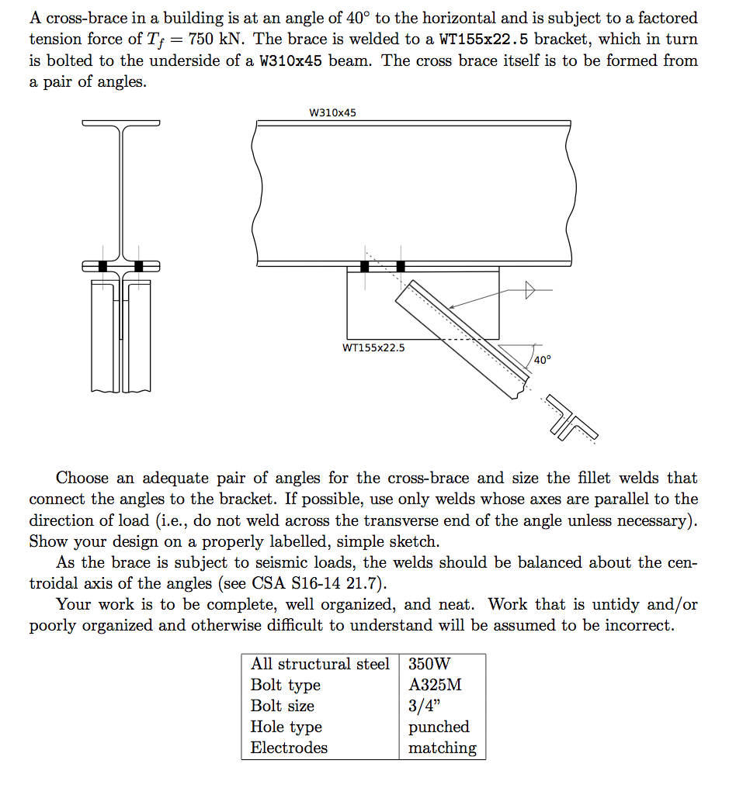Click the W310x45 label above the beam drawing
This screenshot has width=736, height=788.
[x=332, y=113]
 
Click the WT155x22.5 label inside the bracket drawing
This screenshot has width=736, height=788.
[x=373, y=347]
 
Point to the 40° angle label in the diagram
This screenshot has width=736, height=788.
[x=542, y=360]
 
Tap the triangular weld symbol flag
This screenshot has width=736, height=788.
[x=530, y=291]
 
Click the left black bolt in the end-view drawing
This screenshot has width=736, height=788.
[x=102, y=266]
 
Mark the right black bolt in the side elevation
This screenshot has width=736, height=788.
[x=401, y=267]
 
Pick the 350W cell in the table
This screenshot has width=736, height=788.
[x=429, y=665]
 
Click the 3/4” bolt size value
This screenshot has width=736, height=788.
[x=424, y=707]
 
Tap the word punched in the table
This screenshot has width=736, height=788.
[x=439, y=728]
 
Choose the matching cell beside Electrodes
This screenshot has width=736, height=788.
[x=442, y=748]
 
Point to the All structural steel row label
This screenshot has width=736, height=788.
[x=320, y=665]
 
